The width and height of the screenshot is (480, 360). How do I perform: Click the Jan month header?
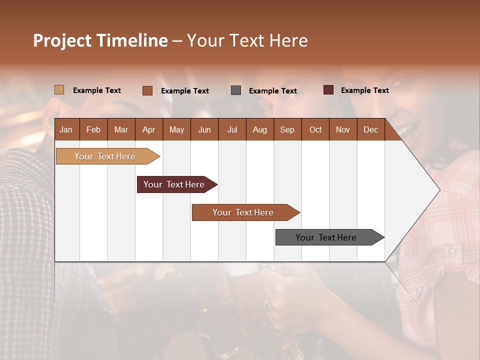[66, 129]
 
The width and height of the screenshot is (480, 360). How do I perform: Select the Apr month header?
[148, 129]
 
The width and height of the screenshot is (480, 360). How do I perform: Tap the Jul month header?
[232, 129]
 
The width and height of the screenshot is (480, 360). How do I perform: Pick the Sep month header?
[287, 129]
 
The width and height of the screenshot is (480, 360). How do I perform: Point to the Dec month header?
[370, 129]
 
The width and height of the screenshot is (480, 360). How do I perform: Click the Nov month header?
[342, 129]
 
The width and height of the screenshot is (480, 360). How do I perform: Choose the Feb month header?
[93, 129]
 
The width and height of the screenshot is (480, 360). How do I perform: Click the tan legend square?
[59, 90]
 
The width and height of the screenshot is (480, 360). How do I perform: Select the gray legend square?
[236, 90]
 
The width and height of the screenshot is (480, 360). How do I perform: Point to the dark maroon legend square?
[328, 90]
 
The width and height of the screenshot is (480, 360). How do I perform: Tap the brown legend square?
[147, 90]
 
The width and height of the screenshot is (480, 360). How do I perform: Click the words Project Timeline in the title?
[100, 40]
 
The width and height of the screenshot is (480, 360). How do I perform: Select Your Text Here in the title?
[247, 40]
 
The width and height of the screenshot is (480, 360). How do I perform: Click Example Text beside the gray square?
[272, 91]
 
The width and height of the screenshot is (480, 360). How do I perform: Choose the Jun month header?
[204, 129]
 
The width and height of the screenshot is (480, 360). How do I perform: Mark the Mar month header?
[121, 129]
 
